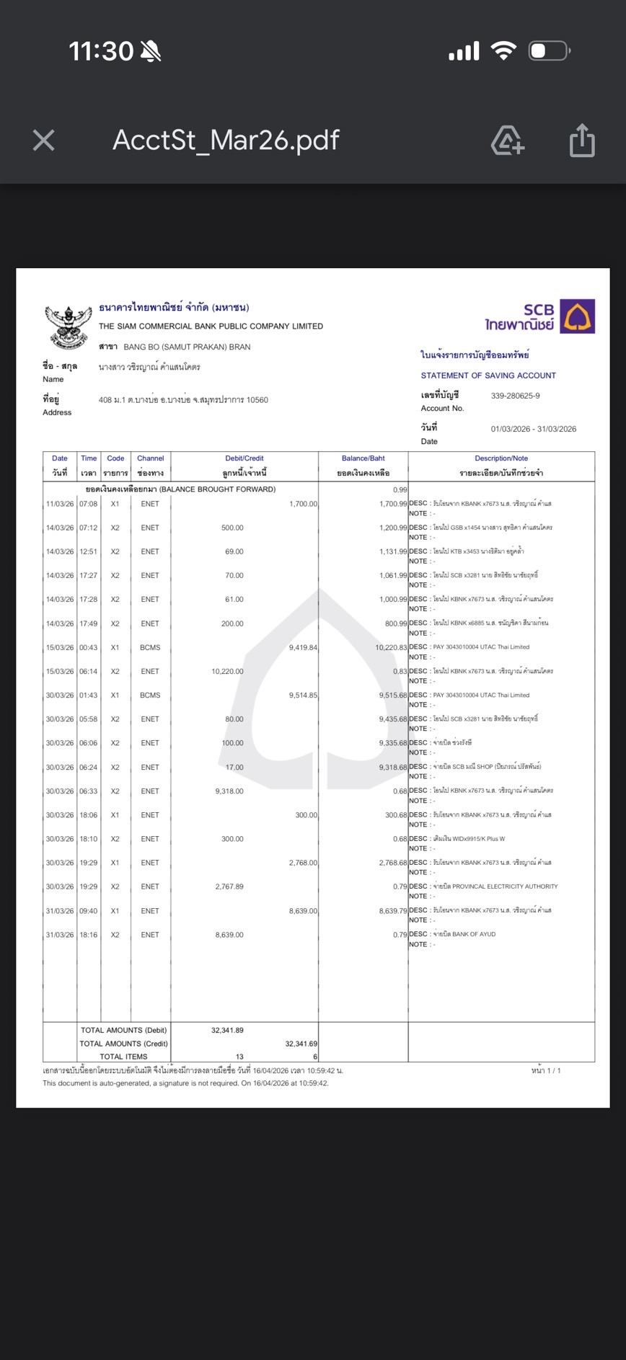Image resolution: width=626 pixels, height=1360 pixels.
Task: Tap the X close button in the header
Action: pyautogui.click(x=44, y=140)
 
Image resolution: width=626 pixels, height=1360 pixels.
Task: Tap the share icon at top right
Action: pyautogui.click(x=582, y=140)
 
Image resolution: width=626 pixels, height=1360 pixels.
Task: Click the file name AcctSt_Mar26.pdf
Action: pyautogui.click(x=226, y=140)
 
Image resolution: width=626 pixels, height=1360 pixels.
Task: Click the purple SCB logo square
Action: pyautogui.click(x=578, y=316)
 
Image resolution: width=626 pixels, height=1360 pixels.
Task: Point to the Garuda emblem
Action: pyautogui.click(x=69, y=325)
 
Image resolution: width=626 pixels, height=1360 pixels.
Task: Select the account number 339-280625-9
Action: pyautogui.click(x=515, y=396)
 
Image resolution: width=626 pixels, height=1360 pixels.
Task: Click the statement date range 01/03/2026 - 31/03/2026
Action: pyautogui.click(x=534, y=429)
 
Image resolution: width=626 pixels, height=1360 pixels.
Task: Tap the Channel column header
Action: pyautogui.click(x=150, y=458)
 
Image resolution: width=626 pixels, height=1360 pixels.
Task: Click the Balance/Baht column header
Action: pyautogui.click(x=363, y=458)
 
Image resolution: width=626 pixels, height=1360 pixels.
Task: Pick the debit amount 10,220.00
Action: pyautogui.click(x=227, y=671)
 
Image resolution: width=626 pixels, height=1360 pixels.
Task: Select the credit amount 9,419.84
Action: pyautogui.click(x=303, y=647)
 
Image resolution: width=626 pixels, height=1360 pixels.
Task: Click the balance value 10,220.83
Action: pyautogui.click(x=391, y=647)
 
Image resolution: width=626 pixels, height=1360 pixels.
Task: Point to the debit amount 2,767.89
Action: pyautogui.click(x=229, y=886)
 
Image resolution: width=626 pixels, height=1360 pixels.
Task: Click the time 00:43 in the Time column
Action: pyautogui.click(x=89, y=647)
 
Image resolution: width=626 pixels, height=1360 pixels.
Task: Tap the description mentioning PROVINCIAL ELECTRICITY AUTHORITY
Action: pyautogui.click(x=504, y=886)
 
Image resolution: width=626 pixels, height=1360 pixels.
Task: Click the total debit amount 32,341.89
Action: pyautogui.click(x=227, y=1030)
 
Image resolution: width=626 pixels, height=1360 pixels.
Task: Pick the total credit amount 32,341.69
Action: pyautogui.click(x=301, y=1044)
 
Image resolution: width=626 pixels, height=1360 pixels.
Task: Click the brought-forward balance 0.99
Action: pyautogui.click(x=400, y=489)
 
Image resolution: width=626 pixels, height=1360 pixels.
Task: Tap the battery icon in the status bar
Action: pyautogui.click(x=549, y=51)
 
